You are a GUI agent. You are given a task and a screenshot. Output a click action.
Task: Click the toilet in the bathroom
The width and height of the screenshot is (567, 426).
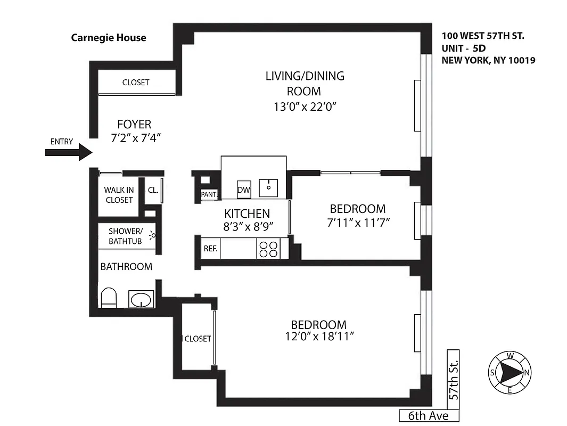pyautogui.click(x=108, y=298)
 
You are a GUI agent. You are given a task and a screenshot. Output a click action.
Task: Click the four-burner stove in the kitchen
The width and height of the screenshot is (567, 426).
pyautogui.click(x=268, y=249)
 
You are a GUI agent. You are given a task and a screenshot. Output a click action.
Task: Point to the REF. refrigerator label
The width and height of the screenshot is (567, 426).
pyautogui.click(x=209, y=249)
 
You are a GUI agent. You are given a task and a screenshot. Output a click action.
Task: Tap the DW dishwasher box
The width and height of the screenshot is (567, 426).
pyautogui.click(x=243, y=189)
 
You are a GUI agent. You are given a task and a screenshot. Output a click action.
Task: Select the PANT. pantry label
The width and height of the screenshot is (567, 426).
pyautogui.click(x=208, y=195)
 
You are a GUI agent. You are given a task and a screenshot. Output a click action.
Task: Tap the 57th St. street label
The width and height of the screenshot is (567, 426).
pyautogui.click(x=453, y=379)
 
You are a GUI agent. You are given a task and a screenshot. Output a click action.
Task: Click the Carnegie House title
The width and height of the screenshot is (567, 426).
pyautogui.click(x=109, y=38)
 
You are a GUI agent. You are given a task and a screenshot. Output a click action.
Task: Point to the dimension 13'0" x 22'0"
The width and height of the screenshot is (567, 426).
pyautogui.click(x=305, y=106)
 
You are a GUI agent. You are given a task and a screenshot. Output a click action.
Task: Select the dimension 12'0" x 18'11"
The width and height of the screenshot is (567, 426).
pyautogui.click(x=318, y=337)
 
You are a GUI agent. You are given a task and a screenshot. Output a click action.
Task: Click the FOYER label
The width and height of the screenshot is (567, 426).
pyautogui.click(x=134, y=125)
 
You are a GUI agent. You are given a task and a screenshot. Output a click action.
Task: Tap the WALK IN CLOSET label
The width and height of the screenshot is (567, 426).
pyautogui.click(x=119, y=195)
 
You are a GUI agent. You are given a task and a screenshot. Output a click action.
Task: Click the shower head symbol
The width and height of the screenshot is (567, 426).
pyautogui.click(x=153, y=234)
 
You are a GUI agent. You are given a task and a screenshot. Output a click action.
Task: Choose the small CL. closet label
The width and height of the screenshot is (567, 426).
pyautogui.click(x=152, y=190)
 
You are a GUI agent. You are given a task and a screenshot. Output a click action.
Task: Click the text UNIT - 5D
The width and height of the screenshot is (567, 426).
pyautogui.click(x=463, y=48)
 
